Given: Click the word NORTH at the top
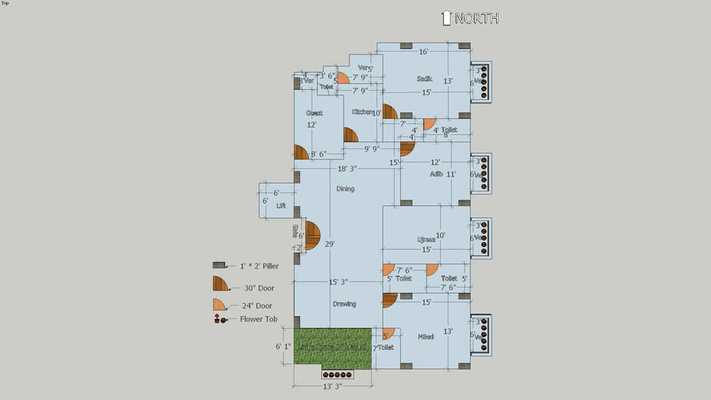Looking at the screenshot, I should click(x=476, y=18).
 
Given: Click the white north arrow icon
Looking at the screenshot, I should click(x=446, y=18).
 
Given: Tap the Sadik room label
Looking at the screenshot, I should click(x=424, y=78).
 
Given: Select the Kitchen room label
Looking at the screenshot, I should click(x=362, y=112).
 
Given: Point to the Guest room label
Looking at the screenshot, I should click(x=314, y=113).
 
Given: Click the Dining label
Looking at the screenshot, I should click(x=345, y=188).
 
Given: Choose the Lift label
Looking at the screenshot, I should click(x=281, y=205).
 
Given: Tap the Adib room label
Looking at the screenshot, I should click(x=436, y=174).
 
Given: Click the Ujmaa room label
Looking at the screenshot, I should click(x=426, y=239).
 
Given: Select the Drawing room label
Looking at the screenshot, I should click(x=344, y=304).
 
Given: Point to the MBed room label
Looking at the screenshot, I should click(x=426, y=337).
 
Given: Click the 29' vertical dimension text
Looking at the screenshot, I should click(x=330, y=245).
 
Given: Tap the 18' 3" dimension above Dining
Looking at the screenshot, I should click(x=348, y=169).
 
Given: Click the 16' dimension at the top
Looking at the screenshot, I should click(x=423, y=52).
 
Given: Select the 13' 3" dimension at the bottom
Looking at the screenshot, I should click(x=333, y=386).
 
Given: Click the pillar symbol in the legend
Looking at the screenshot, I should click(x=219, y=266).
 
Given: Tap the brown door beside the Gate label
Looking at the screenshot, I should click(x=312, y=235).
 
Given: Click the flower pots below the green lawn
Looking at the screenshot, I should click(x=338, y=374).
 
